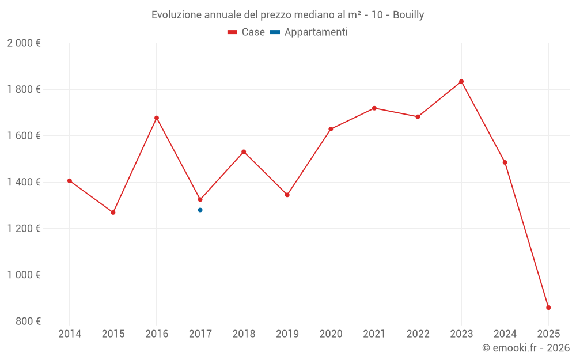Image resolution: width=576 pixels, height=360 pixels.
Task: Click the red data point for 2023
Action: point(461,81)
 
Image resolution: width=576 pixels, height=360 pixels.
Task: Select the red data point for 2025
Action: point(548,308)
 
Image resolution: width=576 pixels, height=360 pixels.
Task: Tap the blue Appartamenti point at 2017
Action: point(200,210)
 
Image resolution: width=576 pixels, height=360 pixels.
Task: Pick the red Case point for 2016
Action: point(157,118)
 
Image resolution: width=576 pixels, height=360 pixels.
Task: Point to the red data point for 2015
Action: point(113,213)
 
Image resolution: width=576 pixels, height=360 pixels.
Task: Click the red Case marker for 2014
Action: point(70,181)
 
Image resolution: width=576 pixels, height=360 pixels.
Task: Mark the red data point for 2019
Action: point(287,195)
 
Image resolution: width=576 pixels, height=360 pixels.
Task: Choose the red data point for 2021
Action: point(374,108)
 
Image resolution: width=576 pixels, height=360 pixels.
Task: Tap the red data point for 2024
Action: point(505,162)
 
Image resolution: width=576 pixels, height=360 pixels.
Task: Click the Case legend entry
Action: point(247,32)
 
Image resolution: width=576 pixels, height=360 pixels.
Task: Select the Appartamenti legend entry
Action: point(309,32)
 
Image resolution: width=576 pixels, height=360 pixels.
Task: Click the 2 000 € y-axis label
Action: point(24,43)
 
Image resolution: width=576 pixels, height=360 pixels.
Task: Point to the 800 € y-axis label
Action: point(28,321)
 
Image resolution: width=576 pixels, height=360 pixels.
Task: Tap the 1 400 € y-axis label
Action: point(24,182)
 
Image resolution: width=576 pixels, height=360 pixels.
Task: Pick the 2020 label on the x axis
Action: point(331,334)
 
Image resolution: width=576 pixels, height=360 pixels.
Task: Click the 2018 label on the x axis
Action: point(244,334)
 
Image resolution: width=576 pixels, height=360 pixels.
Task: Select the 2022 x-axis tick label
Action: point(418,334)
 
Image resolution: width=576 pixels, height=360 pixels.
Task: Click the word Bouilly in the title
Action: point(408,15)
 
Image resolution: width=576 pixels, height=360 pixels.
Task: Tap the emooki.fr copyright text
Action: point(525,348)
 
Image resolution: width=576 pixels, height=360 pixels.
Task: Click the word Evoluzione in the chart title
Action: point(176,15)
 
